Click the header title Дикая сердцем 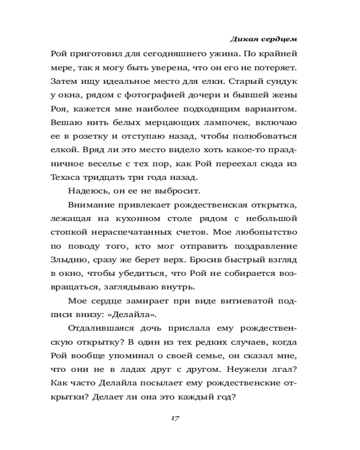click(x=264, y=39)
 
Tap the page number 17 click(x=175, y=418)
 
